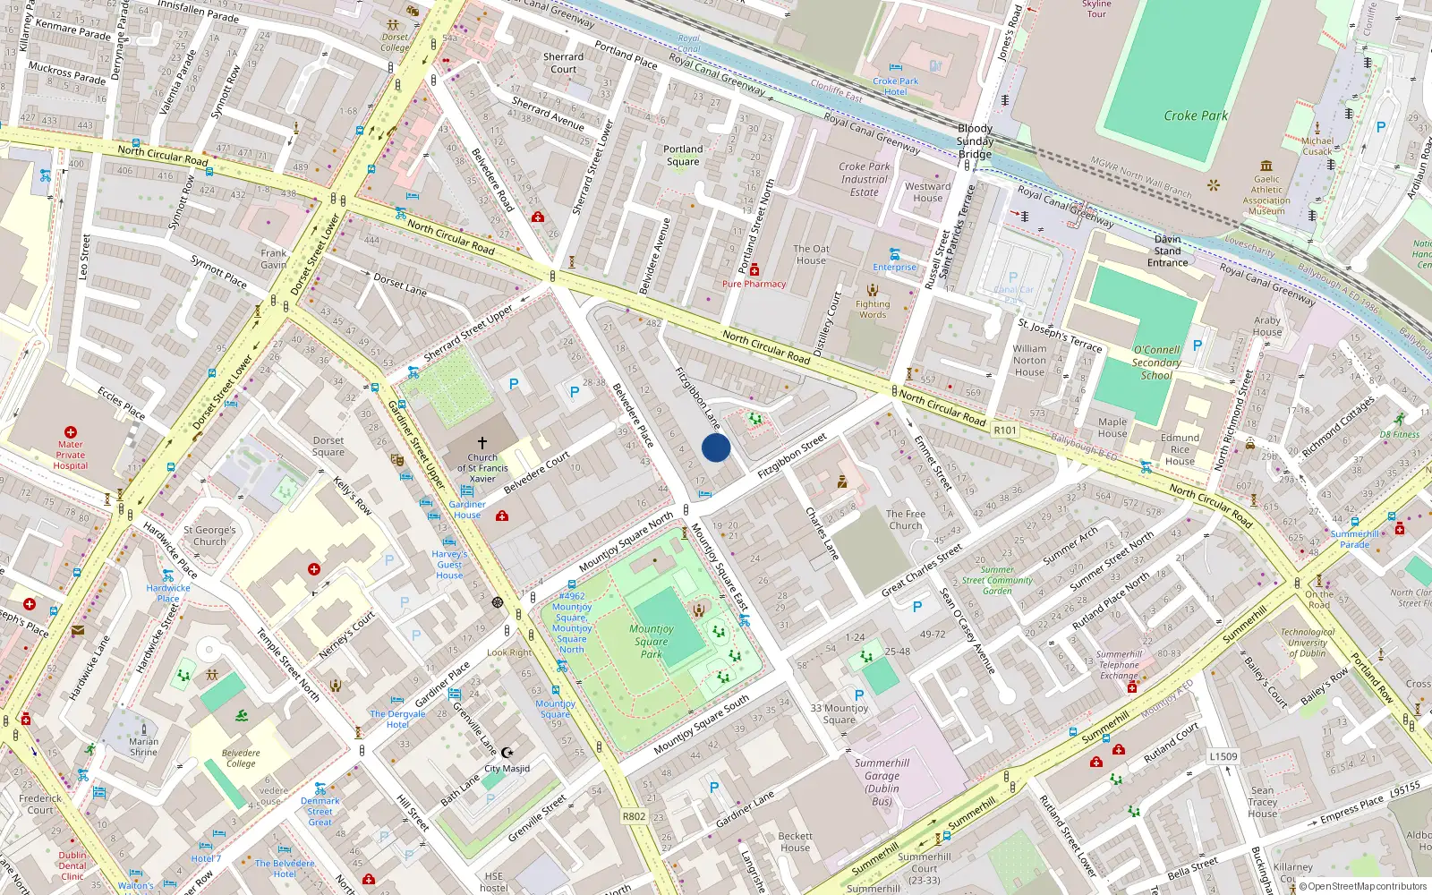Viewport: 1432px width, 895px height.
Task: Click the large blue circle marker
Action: tap(716, 447)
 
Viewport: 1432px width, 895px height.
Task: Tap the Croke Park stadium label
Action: tap(1195, 115)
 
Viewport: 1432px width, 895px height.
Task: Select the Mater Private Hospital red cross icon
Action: tap(71, 432)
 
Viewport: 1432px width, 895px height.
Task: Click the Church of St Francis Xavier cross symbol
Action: tap(482, 443)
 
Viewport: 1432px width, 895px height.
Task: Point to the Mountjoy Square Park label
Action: tap(651, 642)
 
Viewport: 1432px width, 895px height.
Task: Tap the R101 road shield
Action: tap(1005, 430)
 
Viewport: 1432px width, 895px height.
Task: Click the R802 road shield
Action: tap(634, 816)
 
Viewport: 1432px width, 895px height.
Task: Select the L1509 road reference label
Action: tap(1223, 756)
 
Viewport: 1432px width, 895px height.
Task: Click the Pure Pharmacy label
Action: tap(754, 284)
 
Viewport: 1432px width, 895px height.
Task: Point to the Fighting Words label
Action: tap(873, 309)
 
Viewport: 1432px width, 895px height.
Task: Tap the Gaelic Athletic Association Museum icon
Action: tap(1266, 166)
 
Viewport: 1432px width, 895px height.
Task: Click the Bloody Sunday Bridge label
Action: tap(975, 141)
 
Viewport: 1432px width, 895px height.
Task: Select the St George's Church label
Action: tap(209, 535)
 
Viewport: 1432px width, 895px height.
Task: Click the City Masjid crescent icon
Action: tap(507, 753)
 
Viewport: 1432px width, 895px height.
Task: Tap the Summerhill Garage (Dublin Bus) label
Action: tap(882, 781)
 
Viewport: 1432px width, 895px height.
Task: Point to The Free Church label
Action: tap(906, 520)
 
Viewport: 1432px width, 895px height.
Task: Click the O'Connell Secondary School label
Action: tap(1156, 362)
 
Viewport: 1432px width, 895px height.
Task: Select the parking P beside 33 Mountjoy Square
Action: tap(859, 695)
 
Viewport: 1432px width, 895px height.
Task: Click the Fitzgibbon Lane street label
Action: tap(698, 398)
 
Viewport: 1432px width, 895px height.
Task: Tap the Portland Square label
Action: tap(683, 156)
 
